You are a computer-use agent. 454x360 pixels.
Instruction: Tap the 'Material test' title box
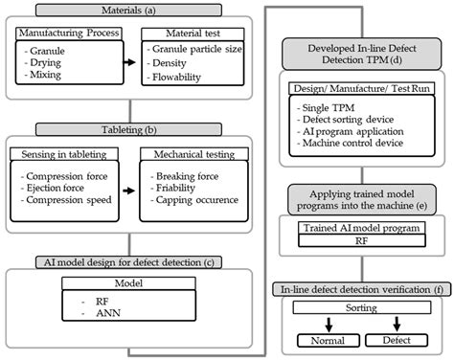184,33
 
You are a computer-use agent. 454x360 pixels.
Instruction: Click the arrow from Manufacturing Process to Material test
124,68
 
